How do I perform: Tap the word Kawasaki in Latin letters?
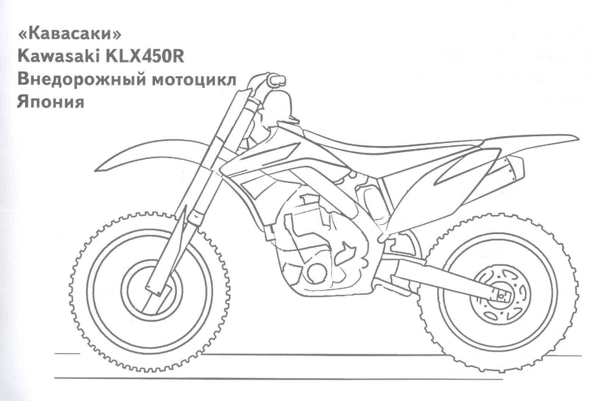pyautogui.click(x=58, y=57)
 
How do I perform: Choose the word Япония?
pyautogui.click(x=51, y=102)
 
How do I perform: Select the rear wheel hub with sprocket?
pyautogui.click(x=500, y=296)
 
